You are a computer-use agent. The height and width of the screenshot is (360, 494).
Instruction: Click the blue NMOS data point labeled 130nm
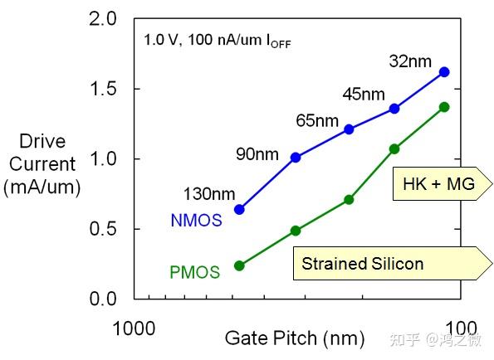click(239, 210)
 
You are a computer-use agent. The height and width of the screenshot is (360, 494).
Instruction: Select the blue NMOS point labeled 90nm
click(296, 157)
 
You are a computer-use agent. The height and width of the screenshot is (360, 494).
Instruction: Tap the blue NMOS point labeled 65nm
click(349, 129)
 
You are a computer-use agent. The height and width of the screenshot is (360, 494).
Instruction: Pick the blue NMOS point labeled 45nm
click(394, 109)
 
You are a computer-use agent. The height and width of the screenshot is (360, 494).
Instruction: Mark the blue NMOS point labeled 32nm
click(444, 72)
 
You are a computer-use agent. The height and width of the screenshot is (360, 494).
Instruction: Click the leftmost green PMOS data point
click(239, 265)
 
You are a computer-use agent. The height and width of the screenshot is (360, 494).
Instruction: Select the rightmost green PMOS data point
click(444, 107)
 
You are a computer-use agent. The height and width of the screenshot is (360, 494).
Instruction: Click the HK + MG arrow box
click(438, 184)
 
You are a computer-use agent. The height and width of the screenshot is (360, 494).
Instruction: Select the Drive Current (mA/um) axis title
click(42, 164)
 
